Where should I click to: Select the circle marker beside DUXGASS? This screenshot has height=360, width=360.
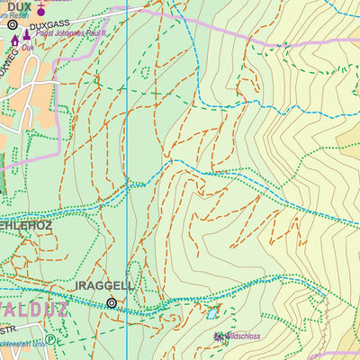[13, 25]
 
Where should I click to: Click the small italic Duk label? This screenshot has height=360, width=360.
[29, 48]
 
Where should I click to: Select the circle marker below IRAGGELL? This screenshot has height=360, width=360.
[112, 303]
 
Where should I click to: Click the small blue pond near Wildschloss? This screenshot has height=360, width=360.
[212, 314]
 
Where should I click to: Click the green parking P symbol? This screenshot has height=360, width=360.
[50, 340]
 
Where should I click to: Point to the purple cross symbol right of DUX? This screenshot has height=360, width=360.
[40, 11]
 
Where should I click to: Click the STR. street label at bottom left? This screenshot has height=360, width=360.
[10, 329]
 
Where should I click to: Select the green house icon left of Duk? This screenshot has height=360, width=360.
[15, 40]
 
